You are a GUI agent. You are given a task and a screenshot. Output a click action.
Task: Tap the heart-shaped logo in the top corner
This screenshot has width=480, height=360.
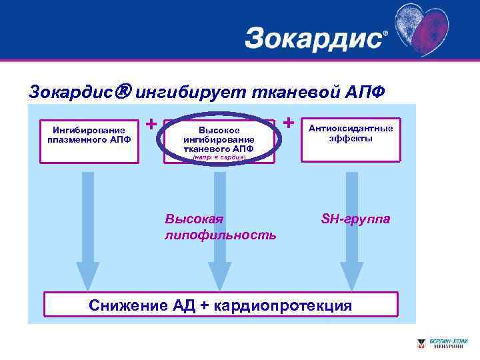tap(427, 30)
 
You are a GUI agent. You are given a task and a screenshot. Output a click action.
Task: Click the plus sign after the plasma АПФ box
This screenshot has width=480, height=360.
tap(151, 124)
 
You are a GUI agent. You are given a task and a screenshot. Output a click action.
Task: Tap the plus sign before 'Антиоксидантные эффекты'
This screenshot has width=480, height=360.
tap(289, 123)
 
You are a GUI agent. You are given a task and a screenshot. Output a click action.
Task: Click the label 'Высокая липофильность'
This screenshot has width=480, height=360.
tap(220, 227)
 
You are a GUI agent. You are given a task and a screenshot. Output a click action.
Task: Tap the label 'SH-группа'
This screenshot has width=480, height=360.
tap(356, 219)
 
